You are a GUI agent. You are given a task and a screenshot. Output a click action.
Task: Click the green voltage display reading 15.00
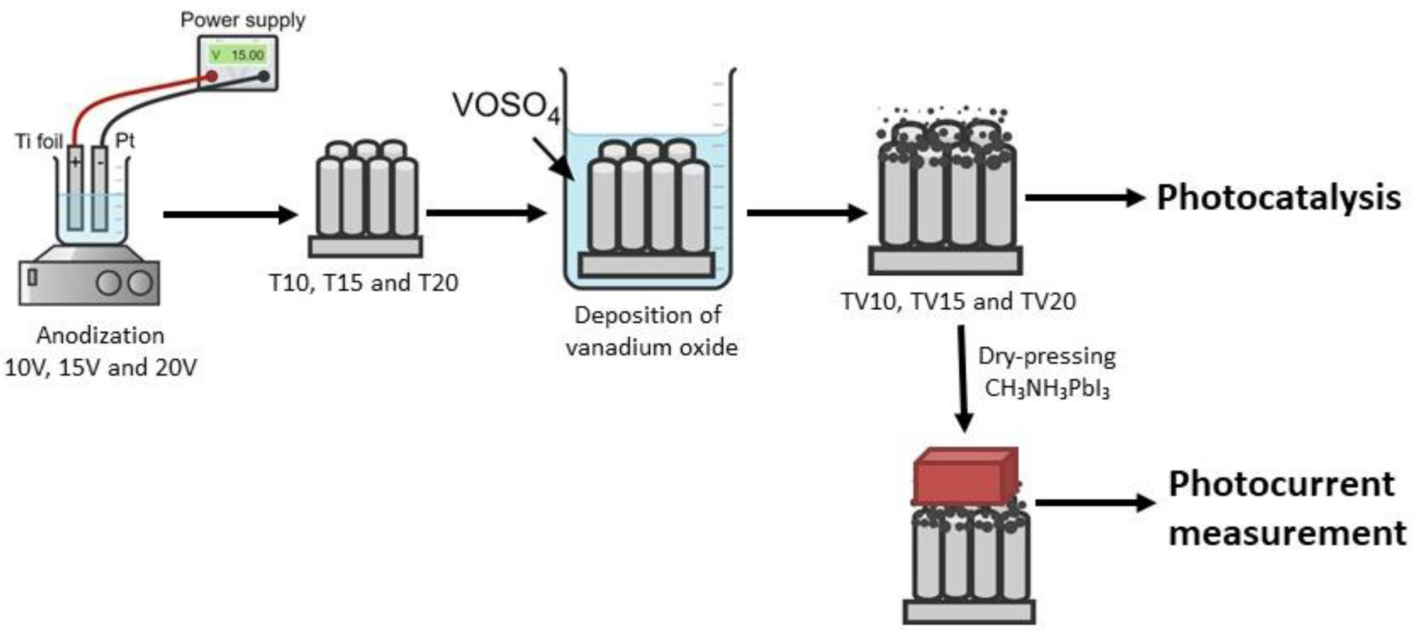tap(239, 55)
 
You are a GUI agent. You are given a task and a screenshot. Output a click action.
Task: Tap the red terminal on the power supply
tap(212, 77)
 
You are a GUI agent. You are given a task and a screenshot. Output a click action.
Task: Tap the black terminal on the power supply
tap(264, 76)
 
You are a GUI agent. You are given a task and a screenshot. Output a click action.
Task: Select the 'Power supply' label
tap(243, 20)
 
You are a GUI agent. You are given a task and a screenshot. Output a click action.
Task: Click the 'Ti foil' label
tap(39, 141)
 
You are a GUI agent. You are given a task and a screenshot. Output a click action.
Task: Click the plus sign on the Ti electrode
tap(75, 162)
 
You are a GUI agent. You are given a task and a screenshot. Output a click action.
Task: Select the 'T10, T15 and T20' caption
tap(364, 283)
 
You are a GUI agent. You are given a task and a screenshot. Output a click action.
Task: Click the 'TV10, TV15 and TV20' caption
tap(959, 301)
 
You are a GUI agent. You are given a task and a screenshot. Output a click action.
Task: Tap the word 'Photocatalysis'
tap(1278, 198)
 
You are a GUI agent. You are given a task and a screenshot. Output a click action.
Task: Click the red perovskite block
tap(965, 477)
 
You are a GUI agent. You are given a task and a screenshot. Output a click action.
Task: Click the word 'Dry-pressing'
tap(1047, 357)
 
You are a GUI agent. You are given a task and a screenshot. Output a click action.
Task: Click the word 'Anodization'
tap(101, 335)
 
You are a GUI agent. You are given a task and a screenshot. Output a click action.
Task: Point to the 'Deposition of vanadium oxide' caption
tap(652, 331)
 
